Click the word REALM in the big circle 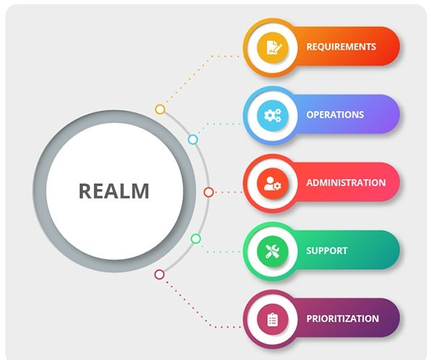pyautogui.click(x=114, y=191)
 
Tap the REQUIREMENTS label pyautogui.click(x=341, y=47)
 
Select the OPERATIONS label pyautogui.click(x=335, y=115)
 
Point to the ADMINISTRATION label pyautogui.click(x=346, y=183)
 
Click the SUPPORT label pyautogui.click(x=327, y=250)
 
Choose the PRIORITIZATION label pyautogui.click(x=342, y=319)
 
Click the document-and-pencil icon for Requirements pyautogui.click(x=273, y=47)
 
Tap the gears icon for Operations pyautogui.click(x=273, y=115)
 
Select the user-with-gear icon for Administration pyautogui.click(x=272, y=183)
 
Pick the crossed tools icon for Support pyautogui.click(x=272, y=251)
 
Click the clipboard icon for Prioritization pyautogui.click(x=272, y=320)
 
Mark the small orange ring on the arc pyautogui.click(x=160, y=109)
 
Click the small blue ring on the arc pyautogui.click(x=193, y=139)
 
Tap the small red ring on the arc pyautogui.click(x=209, y=192)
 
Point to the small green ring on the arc pyautogui.click(x=196, y=239)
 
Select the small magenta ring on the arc pyautogui.click(x=160, y=274)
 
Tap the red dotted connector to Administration pyautogui.click(x=227, y=192)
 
